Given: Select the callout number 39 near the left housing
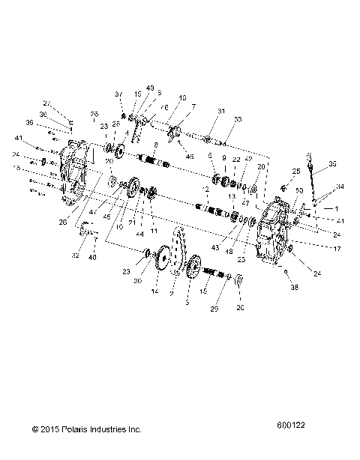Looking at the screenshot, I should click(50, 122).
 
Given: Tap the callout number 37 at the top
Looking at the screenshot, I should click(118, 94).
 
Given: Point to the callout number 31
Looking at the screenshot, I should click(199, 112).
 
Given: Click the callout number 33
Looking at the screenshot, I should click(218, 120).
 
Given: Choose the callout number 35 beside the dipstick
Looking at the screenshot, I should click(333, 163).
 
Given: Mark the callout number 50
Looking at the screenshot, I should click(300, 193).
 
